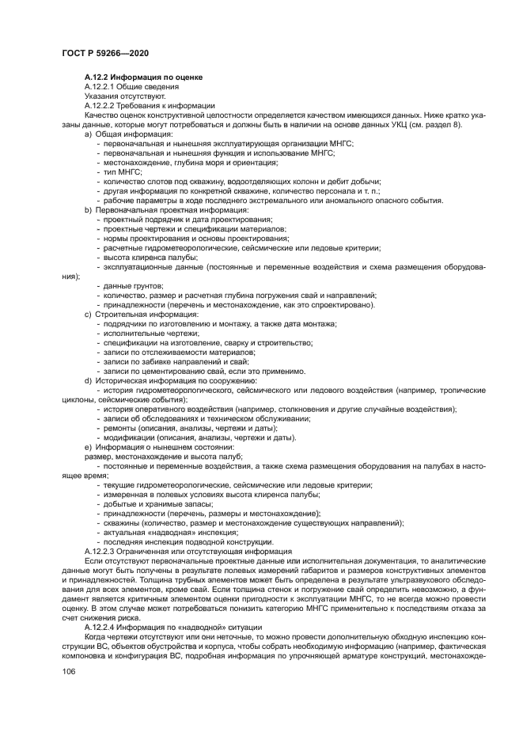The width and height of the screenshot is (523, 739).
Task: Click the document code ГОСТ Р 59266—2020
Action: coord(104,53)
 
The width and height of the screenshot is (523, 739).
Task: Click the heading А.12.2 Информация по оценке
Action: coord(143,77)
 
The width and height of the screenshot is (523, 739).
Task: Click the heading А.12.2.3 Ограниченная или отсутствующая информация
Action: coord(188,551)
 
